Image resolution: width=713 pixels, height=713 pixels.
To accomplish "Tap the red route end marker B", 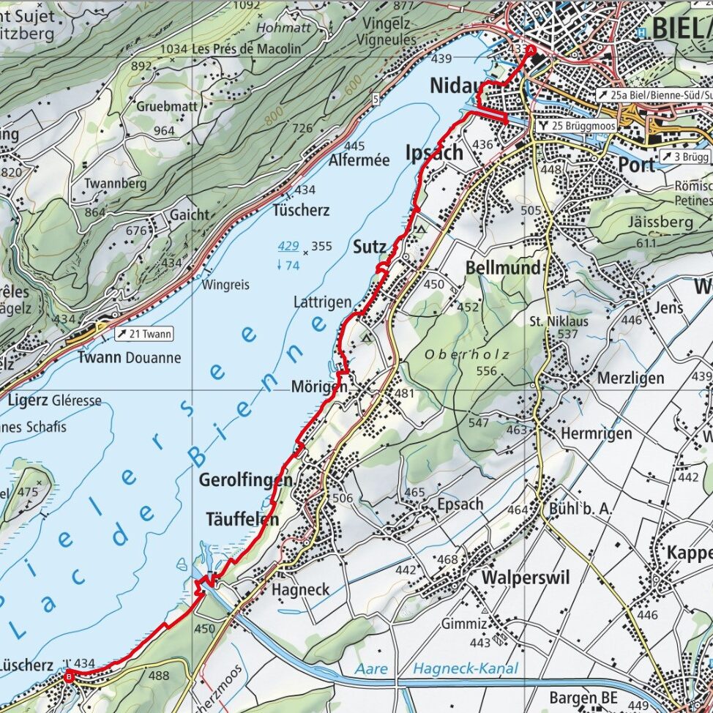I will coord(69,677).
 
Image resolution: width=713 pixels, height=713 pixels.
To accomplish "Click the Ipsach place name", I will coord(434,153).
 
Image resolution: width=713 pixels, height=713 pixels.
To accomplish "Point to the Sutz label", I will coord(369,247).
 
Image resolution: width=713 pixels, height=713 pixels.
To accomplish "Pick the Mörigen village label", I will coord(316,386).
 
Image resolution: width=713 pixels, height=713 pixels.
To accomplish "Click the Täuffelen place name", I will coord(242,520).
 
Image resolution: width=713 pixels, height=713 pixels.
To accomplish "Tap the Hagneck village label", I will coord(300,589).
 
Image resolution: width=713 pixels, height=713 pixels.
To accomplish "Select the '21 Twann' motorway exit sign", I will coord(145,335).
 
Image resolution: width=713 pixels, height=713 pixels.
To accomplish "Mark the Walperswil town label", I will coord(525,578).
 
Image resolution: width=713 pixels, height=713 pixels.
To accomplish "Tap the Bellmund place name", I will coord(504,268).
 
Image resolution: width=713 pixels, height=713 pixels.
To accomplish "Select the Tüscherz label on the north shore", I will coord(301,211).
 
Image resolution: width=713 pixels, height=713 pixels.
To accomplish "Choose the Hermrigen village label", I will coord(596,433).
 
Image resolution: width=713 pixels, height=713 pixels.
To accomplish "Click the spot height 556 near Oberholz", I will coord(488,371).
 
